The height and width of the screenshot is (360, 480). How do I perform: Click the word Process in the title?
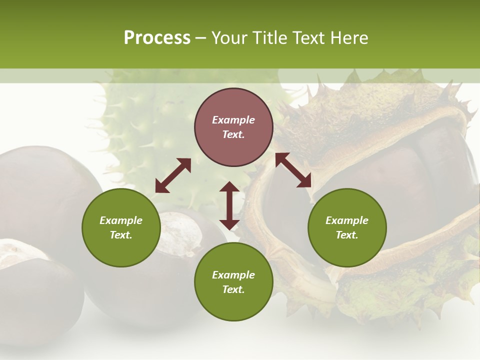tap(157, 38)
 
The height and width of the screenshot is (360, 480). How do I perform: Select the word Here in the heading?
tap(348, 38)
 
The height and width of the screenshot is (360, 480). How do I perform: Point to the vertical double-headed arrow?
tap(229, 206)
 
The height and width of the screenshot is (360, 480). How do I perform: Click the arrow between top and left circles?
tap(173, 175)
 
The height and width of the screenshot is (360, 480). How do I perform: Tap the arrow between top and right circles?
tap(293, 170)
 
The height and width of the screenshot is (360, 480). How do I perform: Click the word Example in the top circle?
tap(233, 120)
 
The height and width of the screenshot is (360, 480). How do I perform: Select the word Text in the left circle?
tap(121, 235)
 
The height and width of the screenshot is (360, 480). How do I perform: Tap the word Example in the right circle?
tap(347, 220)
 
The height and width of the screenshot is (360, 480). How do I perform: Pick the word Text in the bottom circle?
tap(233, 289)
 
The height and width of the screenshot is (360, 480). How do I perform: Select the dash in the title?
tap(201, 38)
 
